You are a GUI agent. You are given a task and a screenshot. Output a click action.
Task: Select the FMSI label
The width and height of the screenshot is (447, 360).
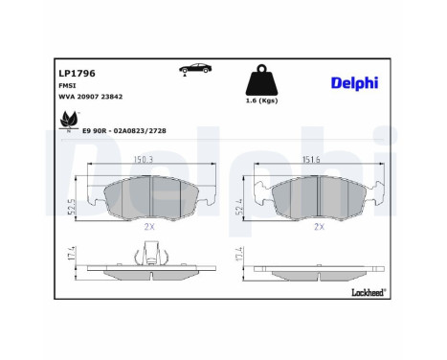click(x=67, y=84)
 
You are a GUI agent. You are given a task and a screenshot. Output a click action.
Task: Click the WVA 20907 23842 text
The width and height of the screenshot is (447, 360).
click(x=90, y=97)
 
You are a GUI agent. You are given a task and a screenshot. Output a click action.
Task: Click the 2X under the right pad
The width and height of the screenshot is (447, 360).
click(x=320, y=229)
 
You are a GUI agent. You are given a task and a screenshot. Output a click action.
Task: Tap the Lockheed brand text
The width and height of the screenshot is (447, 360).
click(x=369, y=288)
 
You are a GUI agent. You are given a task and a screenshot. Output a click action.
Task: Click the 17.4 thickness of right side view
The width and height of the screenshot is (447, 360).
click(x=238, y=257)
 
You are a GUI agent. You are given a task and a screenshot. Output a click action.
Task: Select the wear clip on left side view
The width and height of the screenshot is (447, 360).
click(x=149, y=252)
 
